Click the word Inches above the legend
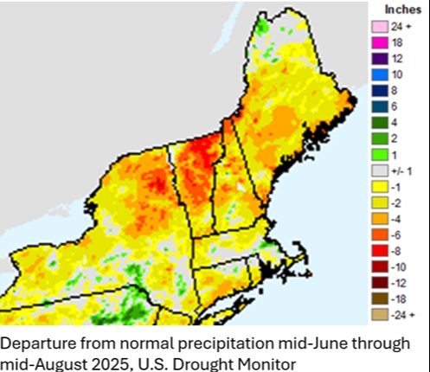pos(399,9)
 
